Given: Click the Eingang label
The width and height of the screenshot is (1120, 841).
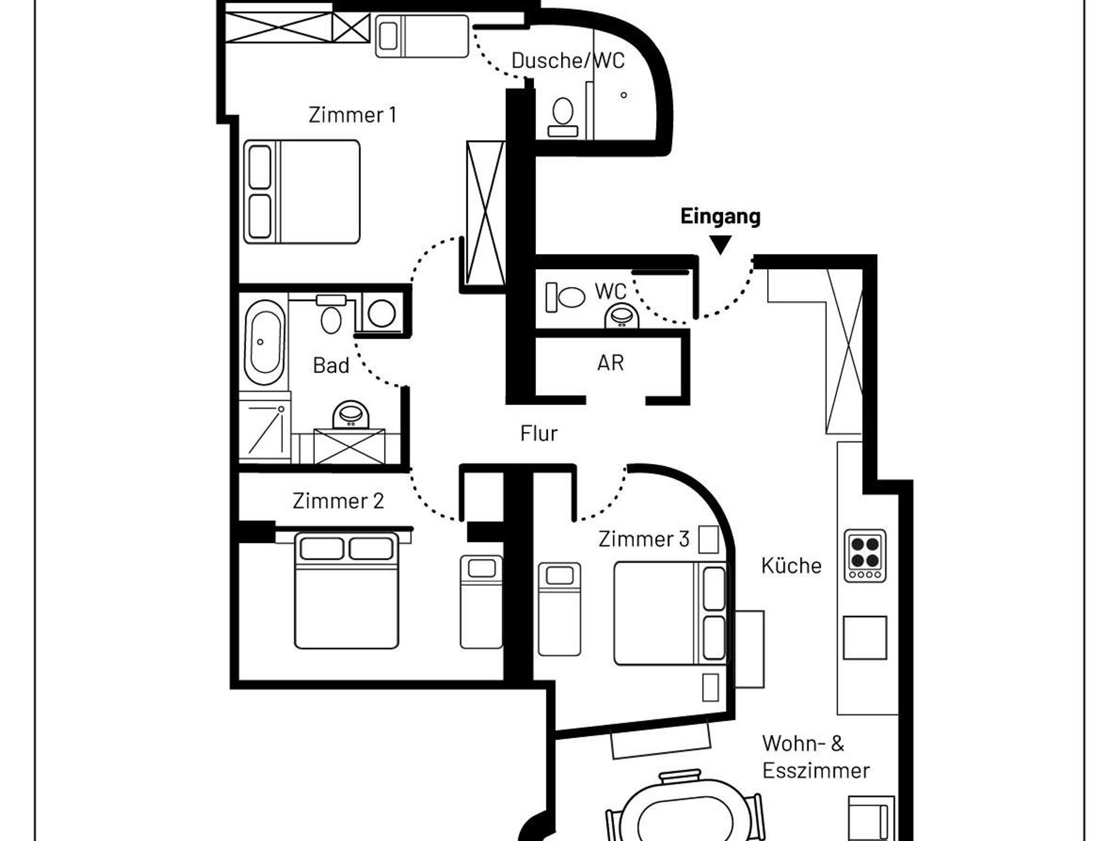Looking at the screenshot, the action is (720, 217).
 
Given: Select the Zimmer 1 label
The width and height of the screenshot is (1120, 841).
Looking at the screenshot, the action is (352, 115).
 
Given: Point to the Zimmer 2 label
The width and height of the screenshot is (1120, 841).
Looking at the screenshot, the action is (338, 501).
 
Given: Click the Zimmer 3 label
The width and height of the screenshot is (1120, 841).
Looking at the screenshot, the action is (644, 539).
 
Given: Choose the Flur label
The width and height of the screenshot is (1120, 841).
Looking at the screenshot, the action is (539, 434).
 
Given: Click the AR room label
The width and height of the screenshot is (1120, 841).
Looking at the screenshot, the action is (610, 363).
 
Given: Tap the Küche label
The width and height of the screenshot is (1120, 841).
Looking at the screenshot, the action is (791, 565).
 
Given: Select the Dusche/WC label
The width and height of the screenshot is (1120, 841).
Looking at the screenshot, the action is (568, 61).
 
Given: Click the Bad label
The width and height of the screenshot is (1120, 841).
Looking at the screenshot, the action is (331, 365).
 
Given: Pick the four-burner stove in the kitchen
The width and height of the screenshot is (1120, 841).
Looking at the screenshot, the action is (865, 556).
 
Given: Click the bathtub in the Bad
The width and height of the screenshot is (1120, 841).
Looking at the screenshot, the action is (264, 342).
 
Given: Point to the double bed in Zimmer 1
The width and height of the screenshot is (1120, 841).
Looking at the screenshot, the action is (302, 192).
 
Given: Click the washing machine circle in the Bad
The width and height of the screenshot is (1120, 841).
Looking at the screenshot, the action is (382, 314).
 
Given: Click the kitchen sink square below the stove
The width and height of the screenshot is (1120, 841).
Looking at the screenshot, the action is (865, 638).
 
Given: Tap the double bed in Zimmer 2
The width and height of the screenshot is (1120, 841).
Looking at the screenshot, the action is (347, 591).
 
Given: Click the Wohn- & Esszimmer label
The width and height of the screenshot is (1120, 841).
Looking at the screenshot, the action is (816, 757).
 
